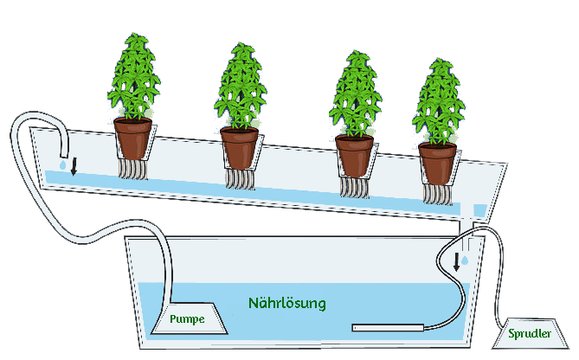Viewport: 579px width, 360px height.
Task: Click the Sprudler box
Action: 530,331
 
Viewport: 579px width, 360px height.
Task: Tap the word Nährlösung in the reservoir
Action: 286,304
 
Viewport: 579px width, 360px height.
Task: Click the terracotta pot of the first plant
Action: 132,138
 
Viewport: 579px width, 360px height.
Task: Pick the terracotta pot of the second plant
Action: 240,147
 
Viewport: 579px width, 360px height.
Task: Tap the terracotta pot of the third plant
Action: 355,155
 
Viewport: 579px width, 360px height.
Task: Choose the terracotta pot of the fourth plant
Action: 437,163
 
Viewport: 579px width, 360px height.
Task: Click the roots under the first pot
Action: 133,170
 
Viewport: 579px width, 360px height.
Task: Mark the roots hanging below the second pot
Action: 241,179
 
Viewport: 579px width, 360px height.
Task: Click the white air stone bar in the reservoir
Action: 387,327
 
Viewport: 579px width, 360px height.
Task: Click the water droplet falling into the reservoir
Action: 466,260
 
